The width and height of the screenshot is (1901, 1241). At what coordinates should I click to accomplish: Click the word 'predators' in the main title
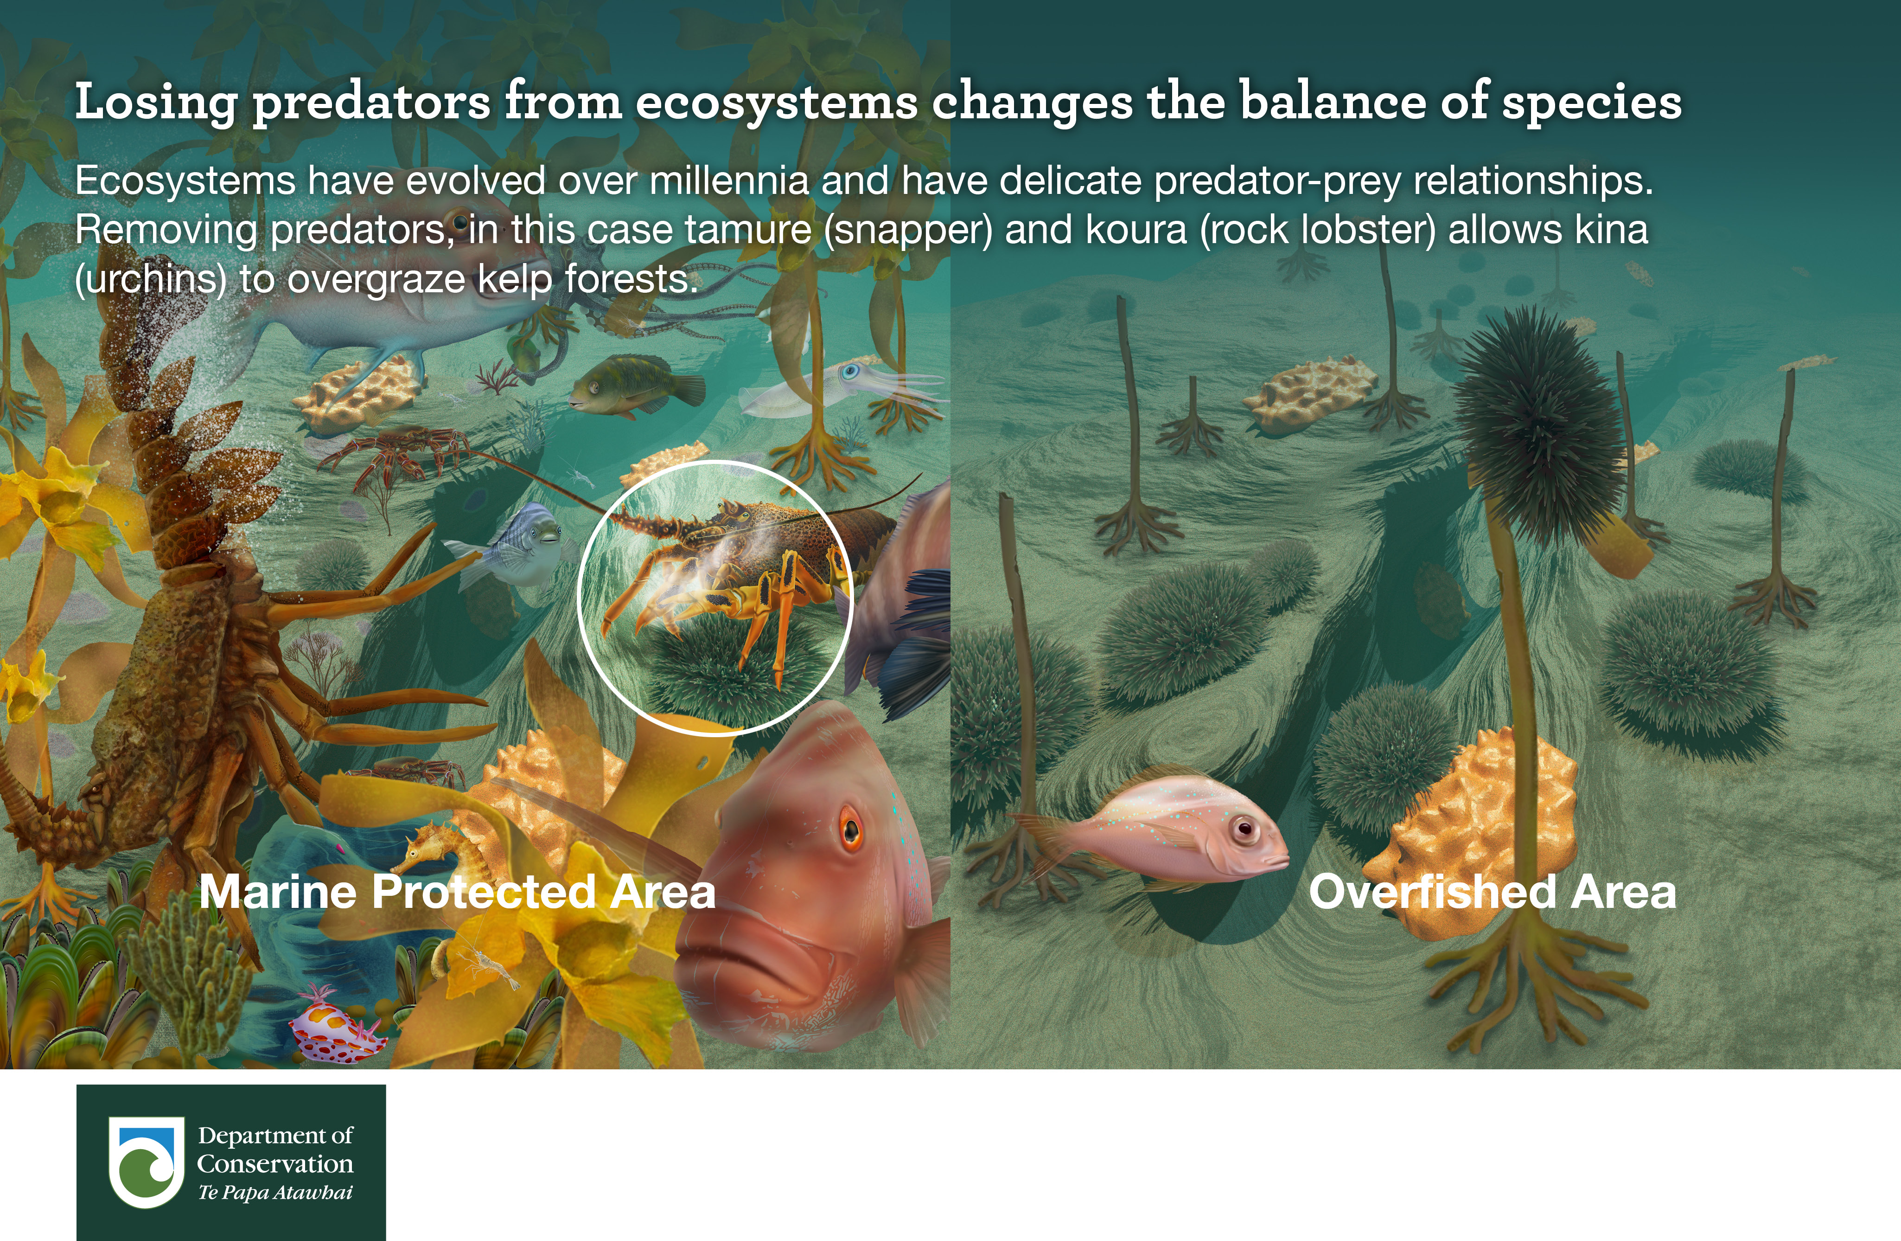[x=371, y=103]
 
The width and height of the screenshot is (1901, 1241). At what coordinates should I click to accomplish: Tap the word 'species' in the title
[x=1592, y=103]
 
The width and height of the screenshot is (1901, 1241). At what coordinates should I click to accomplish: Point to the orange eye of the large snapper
[x=850, y=829]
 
